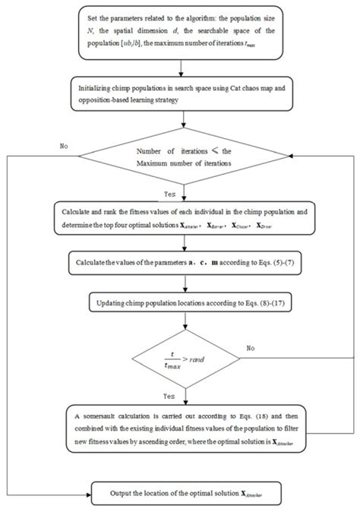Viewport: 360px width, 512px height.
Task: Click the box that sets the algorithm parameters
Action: (x=179, y=36)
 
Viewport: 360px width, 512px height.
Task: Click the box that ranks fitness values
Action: (x=179, y=220)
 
